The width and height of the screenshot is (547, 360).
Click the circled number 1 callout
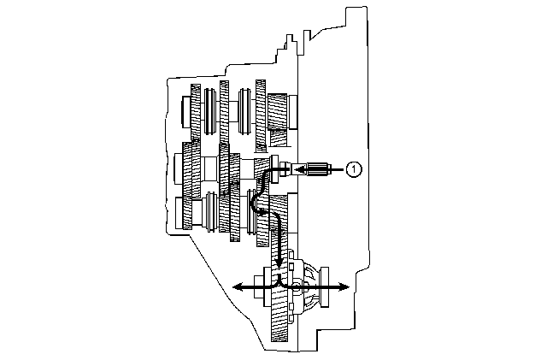pyautogui.click(x=354, y=169)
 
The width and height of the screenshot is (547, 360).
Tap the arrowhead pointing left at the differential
pyautogui.click(x=238, y=287)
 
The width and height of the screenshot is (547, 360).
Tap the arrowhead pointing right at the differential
pyautogui.click(x=344, y=287)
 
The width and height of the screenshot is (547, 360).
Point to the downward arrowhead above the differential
pyautogui.click(x=279, y=262)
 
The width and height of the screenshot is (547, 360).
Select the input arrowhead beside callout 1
pyautogui.click(x=298, y=169)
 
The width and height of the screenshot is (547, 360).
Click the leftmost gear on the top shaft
pyautogui.click(x=196, y=112)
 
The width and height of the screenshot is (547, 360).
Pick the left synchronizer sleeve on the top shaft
pyautogui.click(x=209, y=111)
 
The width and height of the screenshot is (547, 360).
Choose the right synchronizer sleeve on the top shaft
pyautogui.click(x=244, y=111)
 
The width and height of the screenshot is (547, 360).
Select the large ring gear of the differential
pyautogui.click(x=279, y=293)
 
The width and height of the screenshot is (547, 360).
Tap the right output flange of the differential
pyautogui.click(x=325, y=287)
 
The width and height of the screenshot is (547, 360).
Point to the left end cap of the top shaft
pyautogui.click(x=186, y=112)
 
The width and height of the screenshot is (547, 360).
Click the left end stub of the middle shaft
pyautogui.click(x=179, y=169)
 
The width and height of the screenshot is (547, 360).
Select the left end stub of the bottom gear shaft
pyautogui.click(x=179, y=213)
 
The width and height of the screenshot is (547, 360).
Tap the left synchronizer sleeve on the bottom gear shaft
pyautogui.click(x=212, y=212)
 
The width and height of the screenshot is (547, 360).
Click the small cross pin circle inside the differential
pyautogui.click(x=297, y=287)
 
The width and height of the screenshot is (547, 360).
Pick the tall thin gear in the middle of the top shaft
pyautogui.click(x=224, y=112)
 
